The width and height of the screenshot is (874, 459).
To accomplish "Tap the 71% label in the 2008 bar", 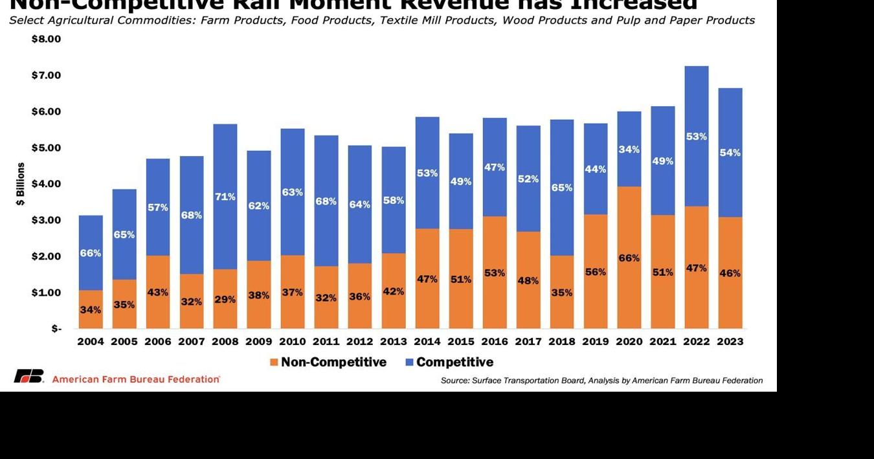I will coord(225,196).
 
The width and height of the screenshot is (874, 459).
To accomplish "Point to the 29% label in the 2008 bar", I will coord(225,300).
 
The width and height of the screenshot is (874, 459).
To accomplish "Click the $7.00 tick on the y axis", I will coord(46,75).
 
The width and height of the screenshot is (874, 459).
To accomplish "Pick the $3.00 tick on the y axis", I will coord(46,220).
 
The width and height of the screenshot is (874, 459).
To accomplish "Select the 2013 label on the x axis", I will coord(393,342).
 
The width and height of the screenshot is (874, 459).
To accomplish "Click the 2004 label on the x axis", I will coord(90,342).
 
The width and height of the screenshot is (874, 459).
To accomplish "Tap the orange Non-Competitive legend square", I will coord(274,363).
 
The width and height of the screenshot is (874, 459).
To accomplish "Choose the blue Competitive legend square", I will coord(409,363).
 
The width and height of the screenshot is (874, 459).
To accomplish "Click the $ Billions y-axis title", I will coord(21,185).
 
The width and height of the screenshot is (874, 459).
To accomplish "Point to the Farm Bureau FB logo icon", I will coord(29,376).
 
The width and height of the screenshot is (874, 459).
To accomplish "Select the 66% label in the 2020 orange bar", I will coord(629,258).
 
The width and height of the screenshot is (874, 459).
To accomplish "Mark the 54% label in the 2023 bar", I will coord(730,153).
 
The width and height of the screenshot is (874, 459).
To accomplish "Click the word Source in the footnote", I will coord(454,381).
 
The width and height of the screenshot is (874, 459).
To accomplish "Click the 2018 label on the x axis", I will coord(561,342).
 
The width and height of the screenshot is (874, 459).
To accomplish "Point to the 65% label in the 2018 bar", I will coord(561,188).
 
